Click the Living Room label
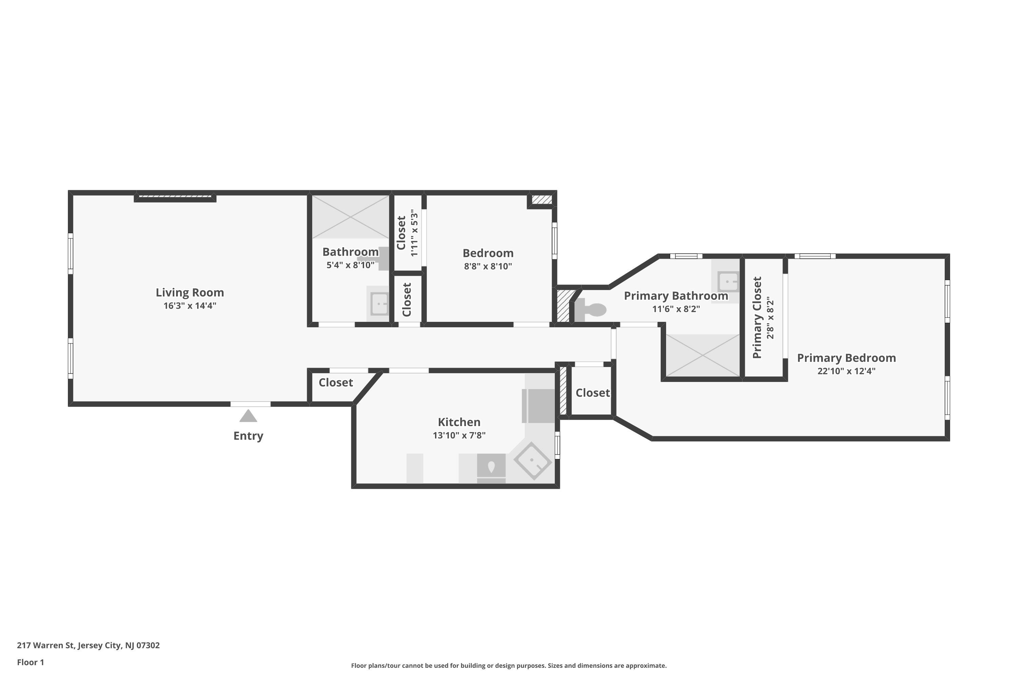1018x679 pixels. [x=190, y=293]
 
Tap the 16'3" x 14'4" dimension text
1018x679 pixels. [x=190, y=306]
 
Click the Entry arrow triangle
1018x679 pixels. [x=248, y=416]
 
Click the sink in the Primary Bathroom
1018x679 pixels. [x=728, y=282]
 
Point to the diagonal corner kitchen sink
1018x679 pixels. [x=532, y=461]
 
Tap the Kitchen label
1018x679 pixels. [x=459, y=422]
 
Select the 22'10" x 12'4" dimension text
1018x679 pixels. [x=846, y=371]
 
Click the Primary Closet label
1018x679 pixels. [x=757, y=317]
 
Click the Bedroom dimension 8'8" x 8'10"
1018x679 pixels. [x=488, y=266]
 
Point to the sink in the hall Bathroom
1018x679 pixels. [x=379, y=304]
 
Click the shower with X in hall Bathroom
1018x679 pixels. [x=350, y=217]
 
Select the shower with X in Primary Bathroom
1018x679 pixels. [x=702, y=355]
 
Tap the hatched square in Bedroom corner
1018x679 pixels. [x=542, y=200]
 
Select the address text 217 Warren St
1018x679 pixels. [x=88, y=645]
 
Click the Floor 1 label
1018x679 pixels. [x=30, y=662]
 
